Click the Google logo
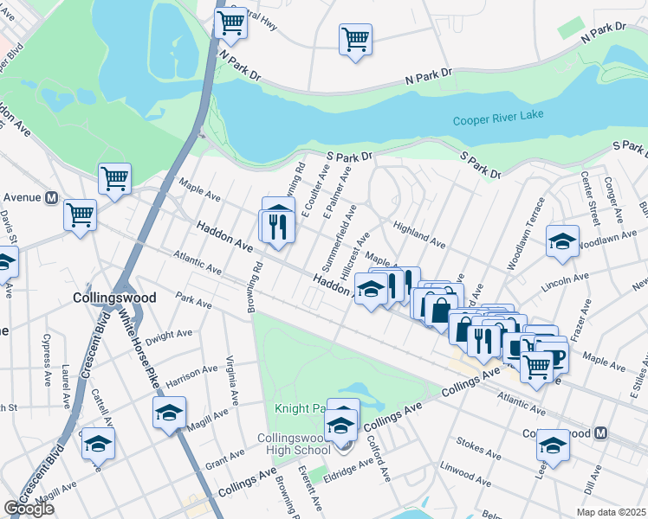tap(29, 509)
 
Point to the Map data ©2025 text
tap(611, 512)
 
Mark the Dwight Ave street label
tap(169, 336)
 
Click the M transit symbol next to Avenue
tap(51, 197)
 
